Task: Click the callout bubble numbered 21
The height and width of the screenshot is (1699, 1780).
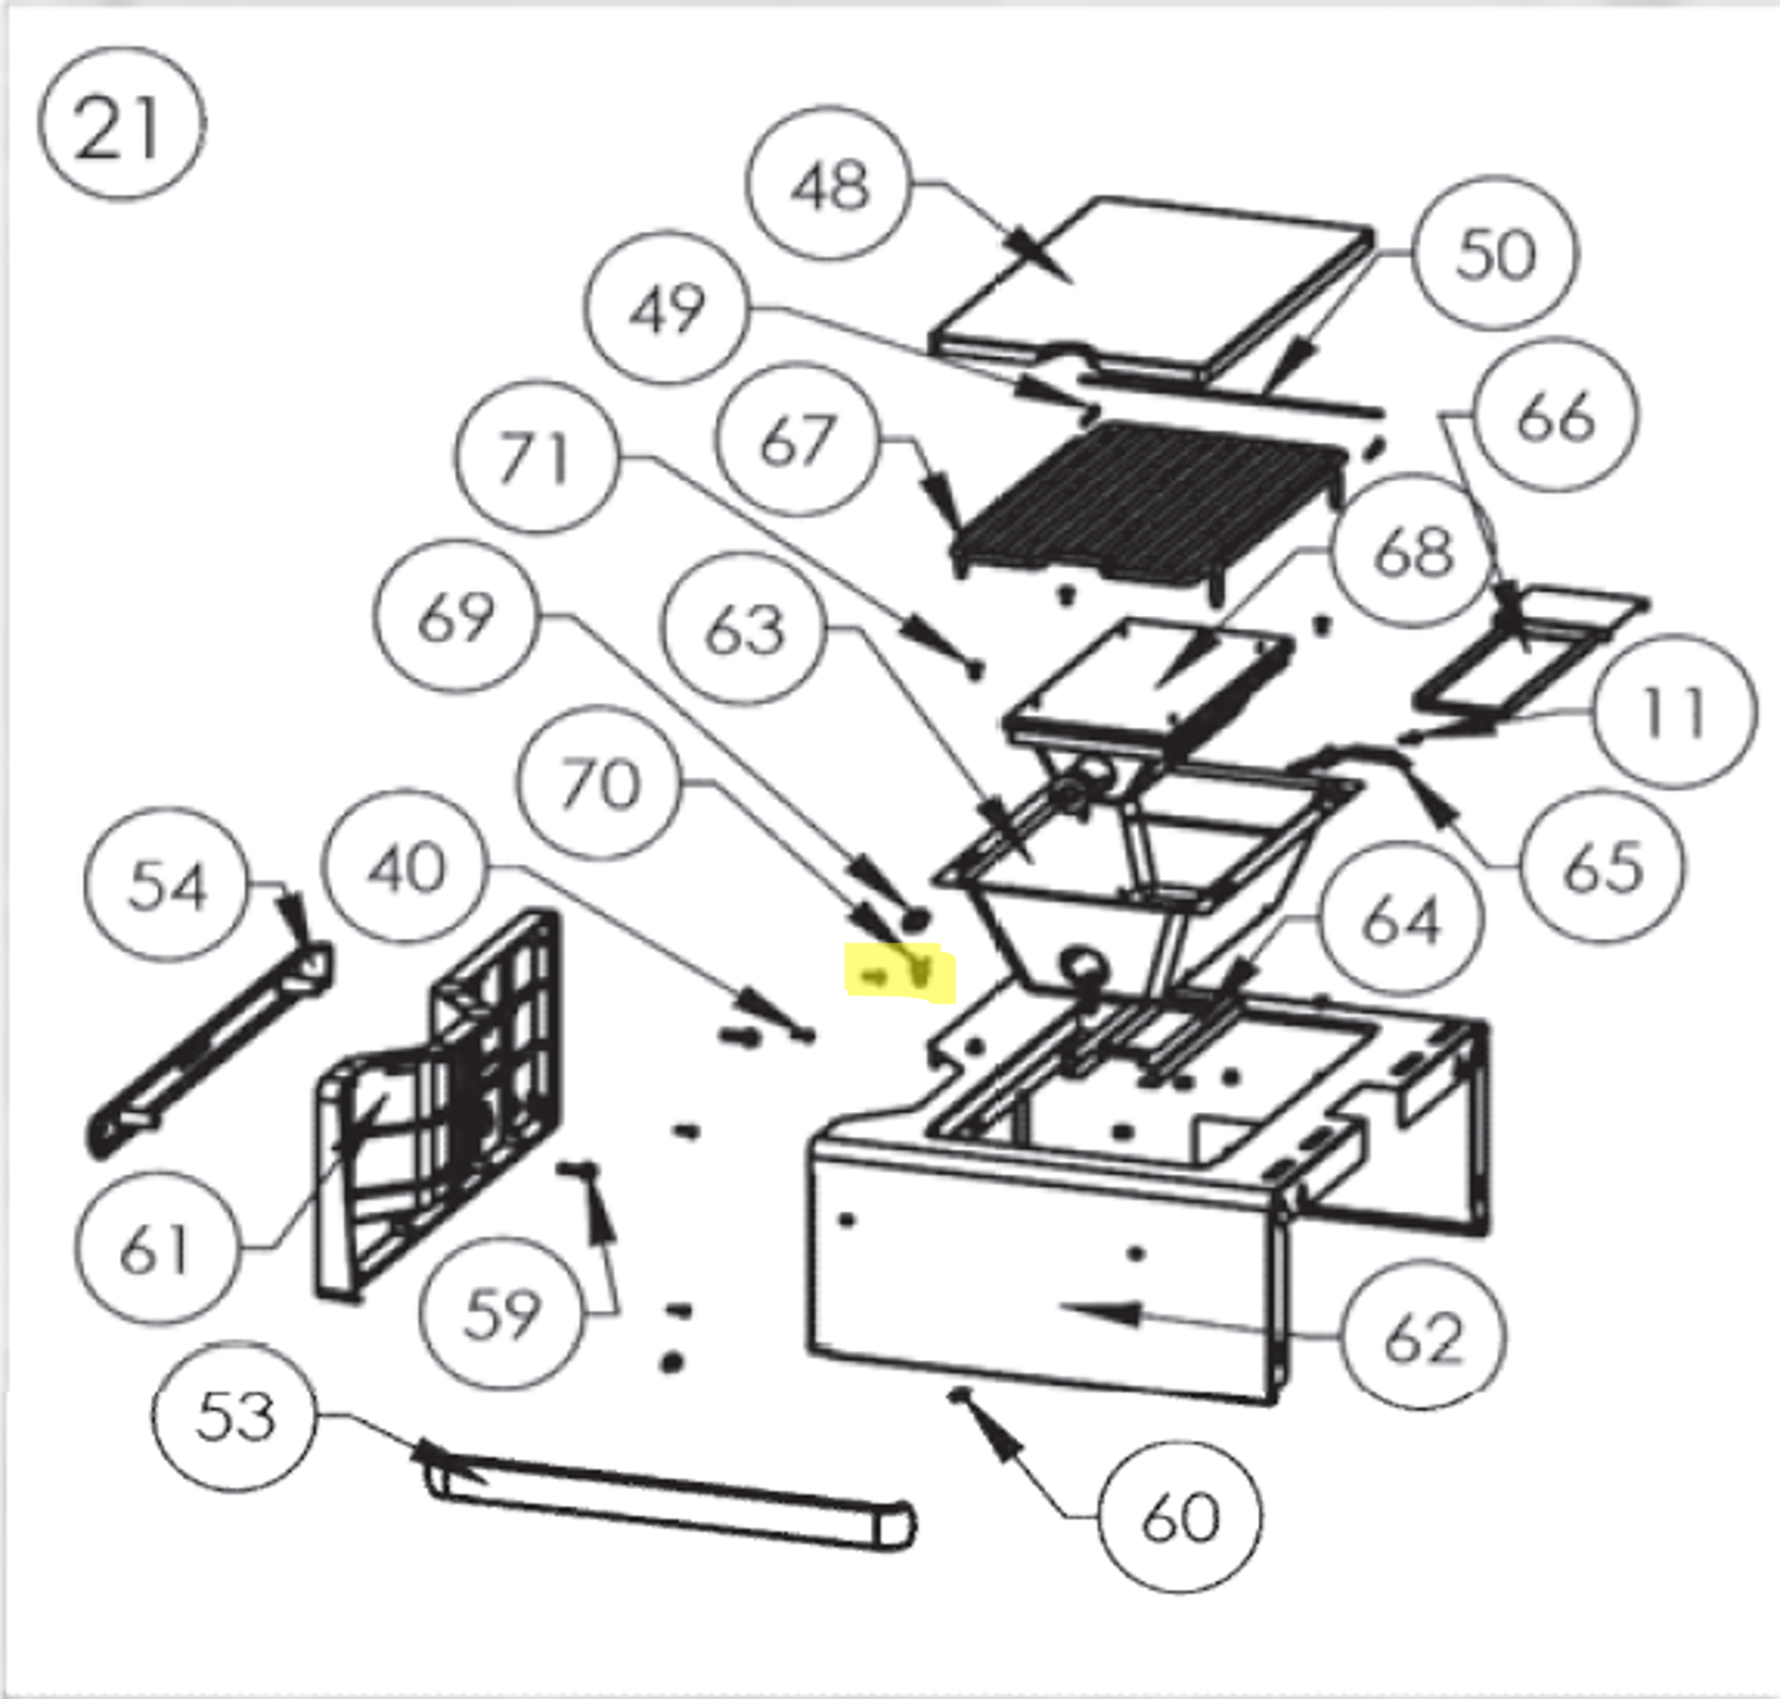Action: coord(121,125)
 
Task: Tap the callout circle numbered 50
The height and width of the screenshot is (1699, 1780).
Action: coord(1495,254)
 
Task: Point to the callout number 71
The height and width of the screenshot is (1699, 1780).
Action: coord(537,457)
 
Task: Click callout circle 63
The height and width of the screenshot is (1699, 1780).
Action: coord(744,631)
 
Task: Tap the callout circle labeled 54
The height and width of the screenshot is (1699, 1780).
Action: coord(167,885)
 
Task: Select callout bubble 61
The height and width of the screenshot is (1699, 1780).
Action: coord(156,1248)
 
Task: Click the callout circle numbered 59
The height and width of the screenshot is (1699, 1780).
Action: coord(500,1312)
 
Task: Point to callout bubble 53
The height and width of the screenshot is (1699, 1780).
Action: coord(234,1417)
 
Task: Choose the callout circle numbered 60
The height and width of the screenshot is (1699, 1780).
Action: coord(1179,1517)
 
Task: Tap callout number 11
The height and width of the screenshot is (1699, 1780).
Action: coord(1674,712)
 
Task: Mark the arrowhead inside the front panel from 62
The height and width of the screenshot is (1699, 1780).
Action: coord(1100,1310)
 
